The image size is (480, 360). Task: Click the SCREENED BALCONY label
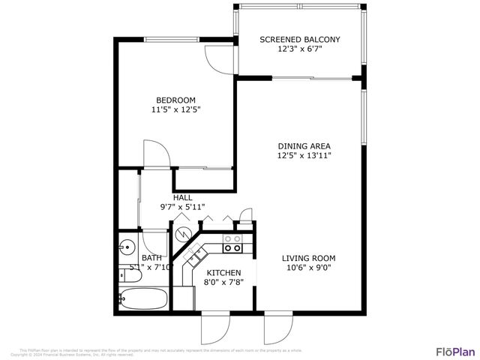pyautogui.click(x=299, y=40)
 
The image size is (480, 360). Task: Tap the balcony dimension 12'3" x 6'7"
pyautogui.click(x=299, y=49)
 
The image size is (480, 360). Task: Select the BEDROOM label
pyautogui.click(x=175, y=100)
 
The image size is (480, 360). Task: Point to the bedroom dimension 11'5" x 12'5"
pyautogui.click(x=175, y=109)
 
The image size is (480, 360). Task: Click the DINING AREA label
pyautogui.click(x=304, y=146)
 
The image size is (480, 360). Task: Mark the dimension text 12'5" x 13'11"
pyautogui.click(x=304, y=156)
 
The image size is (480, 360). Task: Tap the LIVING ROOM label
pyautogui.click(x=308, y=258)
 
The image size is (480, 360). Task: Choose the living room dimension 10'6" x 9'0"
pyautogui.click(x=308, y=268)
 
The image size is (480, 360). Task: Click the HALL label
pyautogui.click(x=182, y=198)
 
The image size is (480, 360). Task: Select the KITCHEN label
pyautogui.click(x=223, y=273)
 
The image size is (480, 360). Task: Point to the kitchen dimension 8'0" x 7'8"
pyautogui.click(x=223, y=283)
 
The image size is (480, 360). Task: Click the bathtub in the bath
pyautogui.click(x=146, y=298)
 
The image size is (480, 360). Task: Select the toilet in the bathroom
pyautogui.click(x=124, y=274)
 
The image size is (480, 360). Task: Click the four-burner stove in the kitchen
pyautogui.click(x=232, y=244)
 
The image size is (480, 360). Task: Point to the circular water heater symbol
pyautogui.click(x=182, y=233)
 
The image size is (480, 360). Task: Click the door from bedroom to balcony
pyautogui.click(x=218, y=58)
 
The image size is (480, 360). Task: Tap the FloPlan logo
pyautogui.click(x=454, y=351)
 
